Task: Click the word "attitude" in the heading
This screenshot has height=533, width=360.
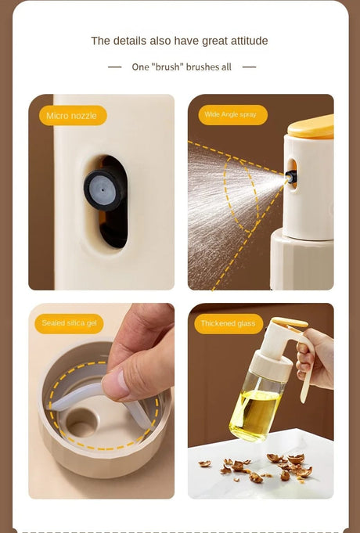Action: (249, 41)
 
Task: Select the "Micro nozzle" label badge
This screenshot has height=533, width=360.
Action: (73, 116)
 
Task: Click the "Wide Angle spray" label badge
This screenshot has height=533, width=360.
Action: (233, 115)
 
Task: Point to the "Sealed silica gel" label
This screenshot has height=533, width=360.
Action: (69, 323)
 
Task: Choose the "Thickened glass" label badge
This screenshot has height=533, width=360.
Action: (229, 323)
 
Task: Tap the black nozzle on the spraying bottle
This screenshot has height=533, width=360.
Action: (292, 177)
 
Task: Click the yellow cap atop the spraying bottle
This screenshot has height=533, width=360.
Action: (311, 128)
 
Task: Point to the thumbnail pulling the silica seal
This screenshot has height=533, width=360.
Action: (114, 384)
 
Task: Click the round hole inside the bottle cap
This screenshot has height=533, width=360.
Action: (81, 423)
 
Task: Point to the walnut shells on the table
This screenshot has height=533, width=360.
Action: (259, 466)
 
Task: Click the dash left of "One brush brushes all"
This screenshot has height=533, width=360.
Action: (114, 67)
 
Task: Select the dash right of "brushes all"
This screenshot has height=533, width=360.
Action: (249, 67)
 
